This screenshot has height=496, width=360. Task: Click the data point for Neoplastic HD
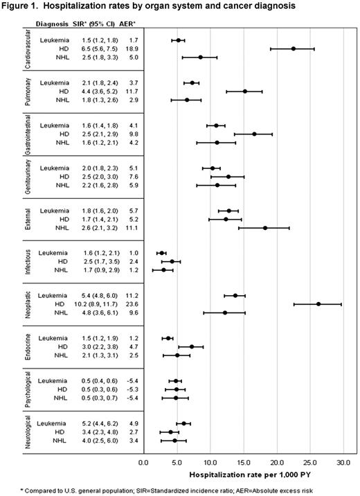[x=318, y=303]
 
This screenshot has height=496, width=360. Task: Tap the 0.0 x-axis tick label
[x=143, y=462]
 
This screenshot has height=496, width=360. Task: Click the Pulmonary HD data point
[x=245, y=91]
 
